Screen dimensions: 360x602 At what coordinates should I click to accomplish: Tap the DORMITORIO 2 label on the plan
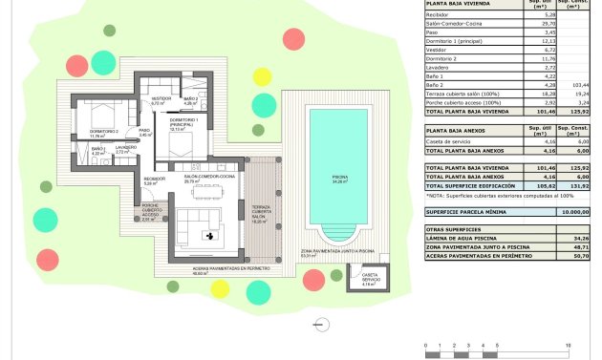click(x=102, y=131)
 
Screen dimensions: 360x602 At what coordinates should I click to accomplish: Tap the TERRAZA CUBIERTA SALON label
click(x=261, y=211)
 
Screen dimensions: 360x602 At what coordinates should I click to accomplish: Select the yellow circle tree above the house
click(x=262, y=76)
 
